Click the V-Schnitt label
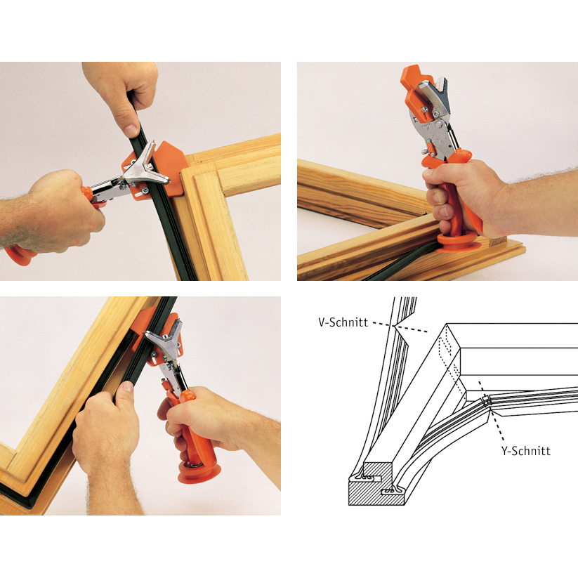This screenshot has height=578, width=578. coord(343,322)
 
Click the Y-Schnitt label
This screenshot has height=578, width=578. coord(525,451)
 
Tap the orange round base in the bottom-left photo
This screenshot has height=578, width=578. coord(199,473)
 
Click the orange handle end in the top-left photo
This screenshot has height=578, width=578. coord(18,255)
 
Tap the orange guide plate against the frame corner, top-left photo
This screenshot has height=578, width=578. coord(166,169)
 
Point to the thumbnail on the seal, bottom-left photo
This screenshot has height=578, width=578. coord(126,386)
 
